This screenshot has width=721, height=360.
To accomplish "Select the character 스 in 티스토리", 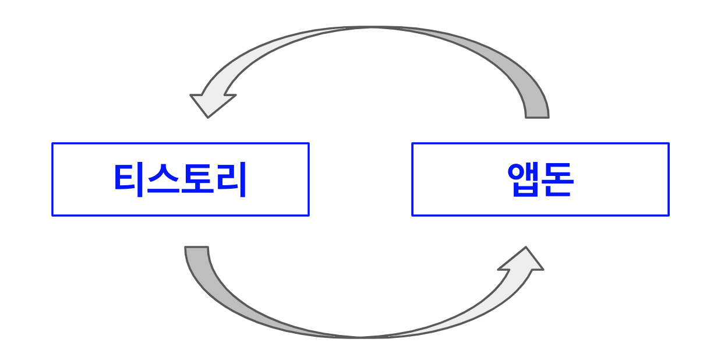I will click(x=164, y=179).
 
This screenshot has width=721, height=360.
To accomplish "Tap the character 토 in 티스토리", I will click(x=197, y=179).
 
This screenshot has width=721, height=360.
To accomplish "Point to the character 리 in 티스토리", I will click(x=231, y=179).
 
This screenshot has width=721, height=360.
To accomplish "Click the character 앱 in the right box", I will click(x=524, y=179).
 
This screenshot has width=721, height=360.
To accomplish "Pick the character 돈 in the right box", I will click(x=557, y=179).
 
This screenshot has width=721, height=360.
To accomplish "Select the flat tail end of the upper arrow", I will click(x=537, y=117).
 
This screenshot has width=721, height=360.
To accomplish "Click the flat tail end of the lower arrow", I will click(x=196, y=248).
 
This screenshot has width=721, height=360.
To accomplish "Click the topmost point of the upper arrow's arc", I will click(x=373, y=27).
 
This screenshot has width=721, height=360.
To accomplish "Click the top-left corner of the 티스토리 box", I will click(x=52, y=143).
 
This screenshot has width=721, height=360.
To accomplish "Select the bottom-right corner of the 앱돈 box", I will click(x=669, y=215).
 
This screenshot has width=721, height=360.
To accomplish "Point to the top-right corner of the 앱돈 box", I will click(x=669, y=143).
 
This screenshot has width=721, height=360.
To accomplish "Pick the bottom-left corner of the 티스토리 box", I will click(x=52, y=215).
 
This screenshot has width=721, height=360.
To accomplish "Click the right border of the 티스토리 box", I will click(x=308, y=179).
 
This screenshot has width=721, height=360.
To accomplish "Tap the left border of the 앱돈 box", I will click(x=412, y=179).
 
